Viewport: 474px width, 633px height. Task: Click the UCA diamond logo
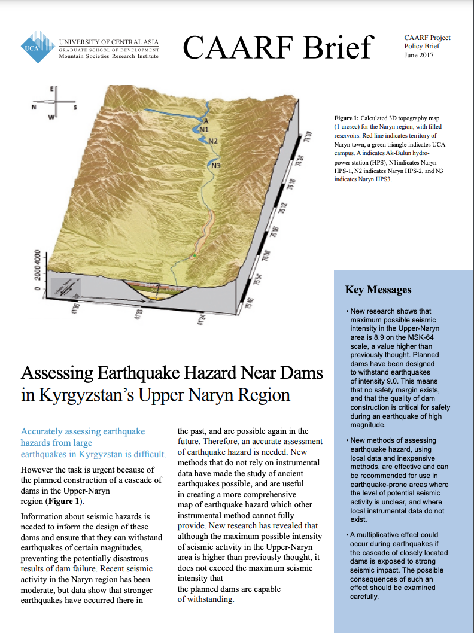coord(38,46)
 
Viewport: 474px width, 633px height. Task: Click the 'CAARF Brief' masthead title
coord(277,48)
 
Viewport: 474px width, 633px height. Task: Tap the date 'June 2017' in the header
coord(419,56)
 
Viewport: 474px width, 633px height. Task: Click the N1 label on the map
coord(204,129)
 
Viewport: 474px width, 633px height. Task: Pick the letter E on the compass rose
coord(51,89)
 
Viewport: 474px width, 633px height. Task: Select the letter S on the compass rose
coord(75,108)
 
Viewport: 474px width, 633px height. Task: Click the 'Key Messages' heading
coord(378,290)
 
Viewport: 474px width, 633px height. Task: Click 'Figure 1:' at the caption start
coord(347,119)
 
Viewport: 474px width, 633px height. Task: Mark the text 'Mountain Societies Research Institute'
coord(108,56)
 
